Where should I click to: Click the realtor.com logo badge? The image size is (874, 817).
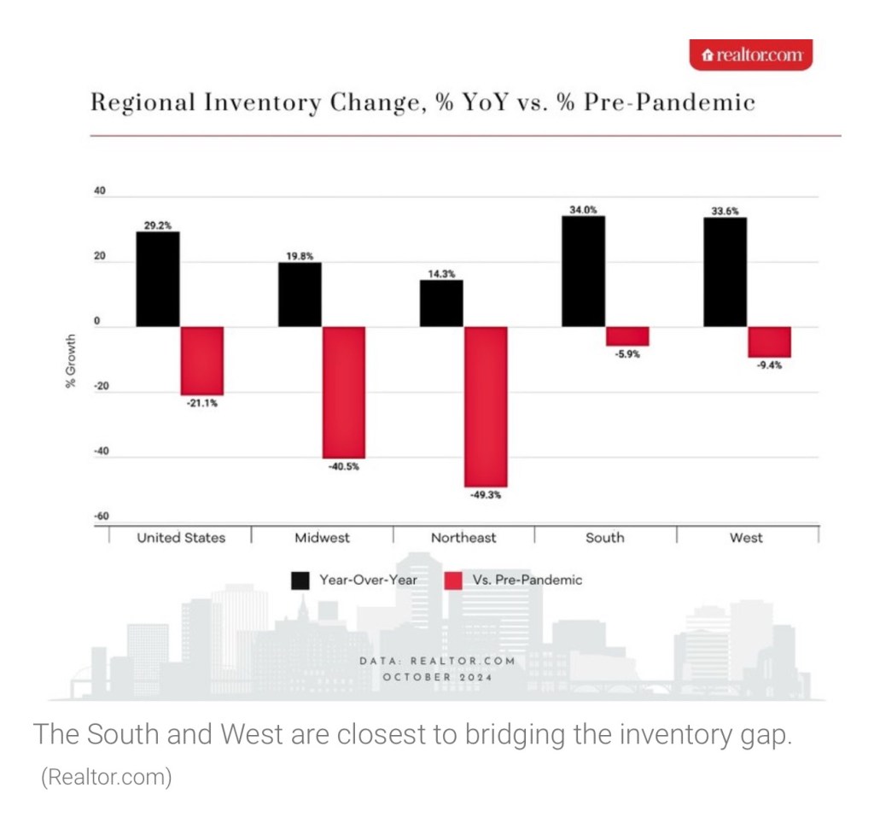750,55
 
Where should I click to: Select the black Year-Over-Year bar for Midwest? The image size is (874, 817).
300,295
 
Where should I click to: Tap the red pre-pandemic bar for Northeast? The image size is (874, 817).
485,406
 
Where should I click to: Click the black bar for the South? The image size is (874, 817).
583,271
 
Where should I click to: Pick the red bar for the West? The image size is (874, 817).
769,341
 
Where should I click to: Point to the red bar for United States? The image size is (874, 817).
202,360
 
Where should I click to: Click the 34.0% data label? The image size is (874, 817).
583,207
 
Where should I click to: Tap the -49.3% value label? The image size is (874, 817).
485,494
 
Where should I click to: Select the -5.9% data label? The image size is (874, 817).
626,354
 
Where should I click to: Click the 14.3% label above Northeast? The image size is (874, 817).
441,273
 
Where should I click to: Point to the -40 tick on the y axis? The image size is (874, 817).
100,452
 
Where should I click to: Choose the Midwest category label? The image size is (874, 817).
322,538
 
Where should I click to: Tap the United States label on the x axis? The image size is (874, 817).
181,538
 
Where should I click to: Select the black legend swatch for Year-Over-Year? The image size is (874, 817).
300,580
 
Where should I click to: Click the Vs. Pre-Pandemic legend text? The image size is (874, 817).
527,580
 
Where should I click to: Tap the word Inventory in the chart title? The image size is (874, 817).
261,103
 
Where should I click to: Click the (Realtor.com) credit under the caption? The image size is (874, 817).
106,778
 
